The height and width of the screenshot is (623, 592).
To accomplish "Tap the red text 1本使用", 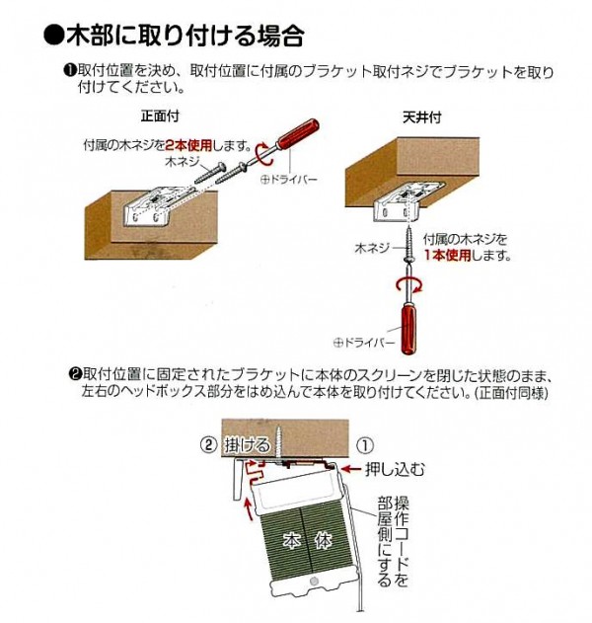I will pyautogui.click(x=444, y=254).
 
